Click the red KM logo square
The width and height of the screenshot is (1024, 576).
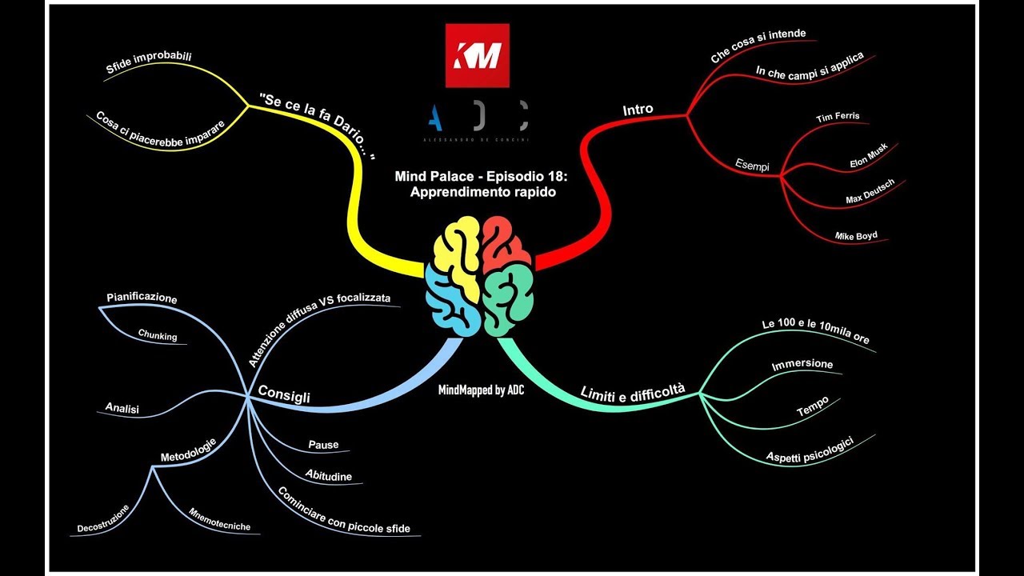coord(478,55)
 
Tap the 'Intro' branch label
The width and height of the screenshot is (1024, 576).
coord(638,110)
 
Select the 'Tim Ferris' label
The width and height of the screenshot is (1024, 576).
coord(838,117)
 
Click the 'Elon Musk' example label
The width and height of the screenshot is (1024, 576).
coord(869,155)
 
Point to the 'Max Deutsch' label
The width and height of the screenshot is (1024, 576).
coord(870,191)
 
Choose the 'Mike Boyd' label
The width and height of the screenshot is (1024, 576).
coord(856,236)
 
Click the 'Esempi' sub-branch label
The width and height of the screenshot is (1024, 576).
coord(752,165)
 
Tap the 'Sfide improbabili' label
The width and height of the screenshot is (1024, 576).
coord(149,62)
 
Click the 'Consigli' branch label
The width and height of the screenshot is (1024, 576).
coord(284,394)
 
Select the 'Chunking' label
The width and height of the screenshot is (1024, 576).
coord(158,335)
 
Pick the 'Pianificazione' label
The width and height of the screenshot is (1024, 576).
coord(142,298)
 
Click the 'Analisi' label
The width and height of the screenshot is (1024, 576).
coord(122,408)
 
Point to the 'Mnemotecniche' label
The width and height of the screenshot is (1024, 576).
coord(219,520)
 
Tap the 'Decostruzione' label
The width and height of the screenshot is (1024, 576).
coord(103,519)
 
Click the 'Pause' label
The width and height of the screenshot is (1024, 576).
coord(323,445)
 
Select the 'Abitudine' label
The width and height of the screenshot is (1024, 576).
coord(329,475)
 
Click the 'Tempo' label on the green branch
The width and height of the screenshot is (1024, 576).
coord(812,406)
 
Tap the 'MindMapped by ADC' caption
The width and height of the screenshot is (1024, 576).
coord(481,390)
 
